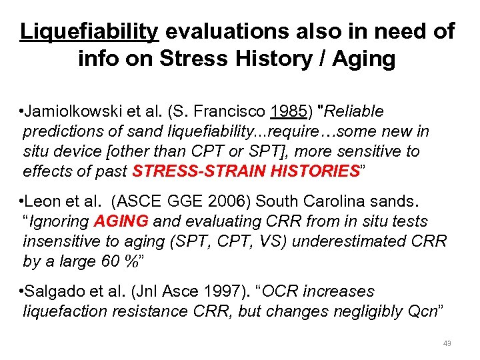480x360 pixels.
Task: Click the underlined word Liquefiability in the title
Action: click(x=89, y=31)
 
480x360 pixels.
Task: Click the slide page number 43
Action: click(x=447, y=343)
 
